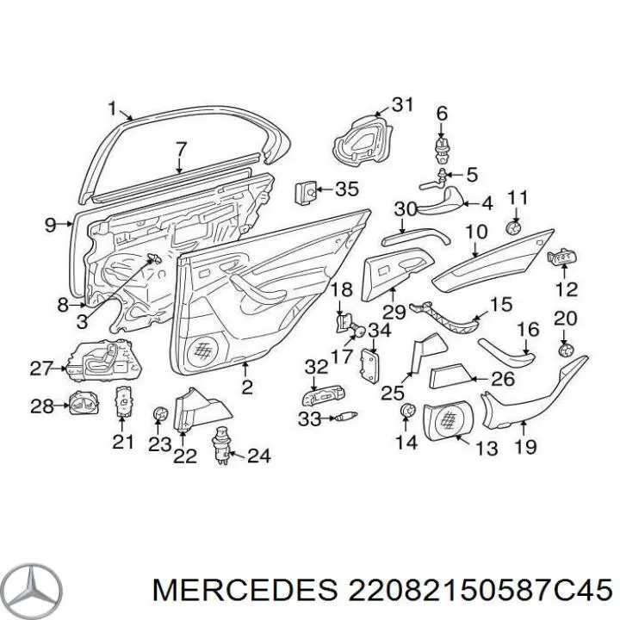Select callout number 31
(403, 105)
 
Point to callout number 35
(347, 189)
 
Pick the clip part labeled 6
(443, 150)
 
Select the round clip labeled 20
(566, 350)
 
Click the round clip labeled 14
(408, 411)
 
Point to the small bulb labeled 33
(347, 416)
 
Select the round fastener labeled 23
(160, 414)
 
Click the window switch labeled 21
(123, 401)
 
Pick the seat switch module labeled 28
(84, 402)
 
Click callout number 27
(40, 369)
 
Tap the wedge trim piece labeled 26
(449, 375)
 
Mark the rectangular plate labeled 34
(369, 366)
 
